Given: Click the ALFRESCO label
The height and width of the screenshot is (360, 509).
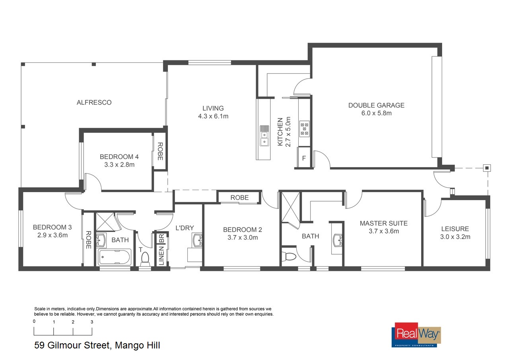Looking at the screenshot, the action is click(x=94, y=103).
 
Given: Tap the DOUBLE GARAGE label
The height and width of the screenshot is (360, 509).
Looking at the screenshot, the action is click(x=376, y=105).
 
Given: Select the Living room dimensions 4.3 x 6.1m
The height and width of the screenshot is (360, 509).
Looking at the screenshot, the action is click(x=213, y=116).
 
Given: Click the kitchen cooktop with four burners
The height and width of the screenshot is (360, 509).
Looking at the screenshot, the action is click(x=304, y=128).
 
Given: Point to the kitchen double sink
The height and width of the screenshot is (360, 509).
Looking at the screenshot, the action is click(x=264, y=136).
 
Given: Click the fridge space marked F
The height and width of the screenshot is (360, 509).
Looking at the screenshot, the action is click(x=304, y=158).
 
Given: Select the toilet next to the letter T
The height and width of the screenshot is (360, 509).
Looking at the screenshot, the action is click(x=145, y=259).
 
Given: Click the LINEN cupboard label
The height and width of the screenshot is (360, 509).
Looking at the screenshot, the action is click(x=161, y=256).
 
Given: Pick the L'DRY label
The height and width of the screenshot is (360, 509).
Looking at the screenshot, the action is click(x=185, y=228).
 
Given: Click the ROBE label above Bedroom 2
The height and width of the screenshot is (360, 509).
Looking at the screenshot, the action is click(x=239, y=197).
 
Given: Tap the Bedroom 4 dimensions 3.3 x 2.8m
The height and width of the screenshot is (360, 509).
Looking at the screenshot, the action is click(x=119, y=165).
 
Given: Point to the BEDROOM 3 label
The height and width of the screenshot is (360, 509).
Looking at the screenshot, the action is click(x=52, y=227).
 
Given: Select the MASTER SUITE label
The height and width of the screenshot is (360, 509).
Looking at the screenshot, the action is click(x=384, y=224).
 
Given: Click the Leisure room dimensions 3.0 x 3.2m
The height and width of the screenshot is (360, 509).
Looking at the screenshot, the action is click(x=455, y=237).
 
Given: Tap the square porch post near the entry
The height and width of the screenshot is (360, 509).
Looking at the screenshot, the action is click(x=487, y=168).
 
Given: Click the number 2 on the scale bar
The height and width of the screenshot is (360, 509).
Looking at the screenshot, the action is click(x=73, y=322).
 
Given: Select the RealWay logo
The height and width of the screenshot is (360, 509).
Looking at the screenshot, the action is click(x=416, y=335).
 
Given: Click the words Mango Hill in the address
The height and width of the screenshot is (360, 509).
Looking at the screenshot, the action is click(x=138, y=345).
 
